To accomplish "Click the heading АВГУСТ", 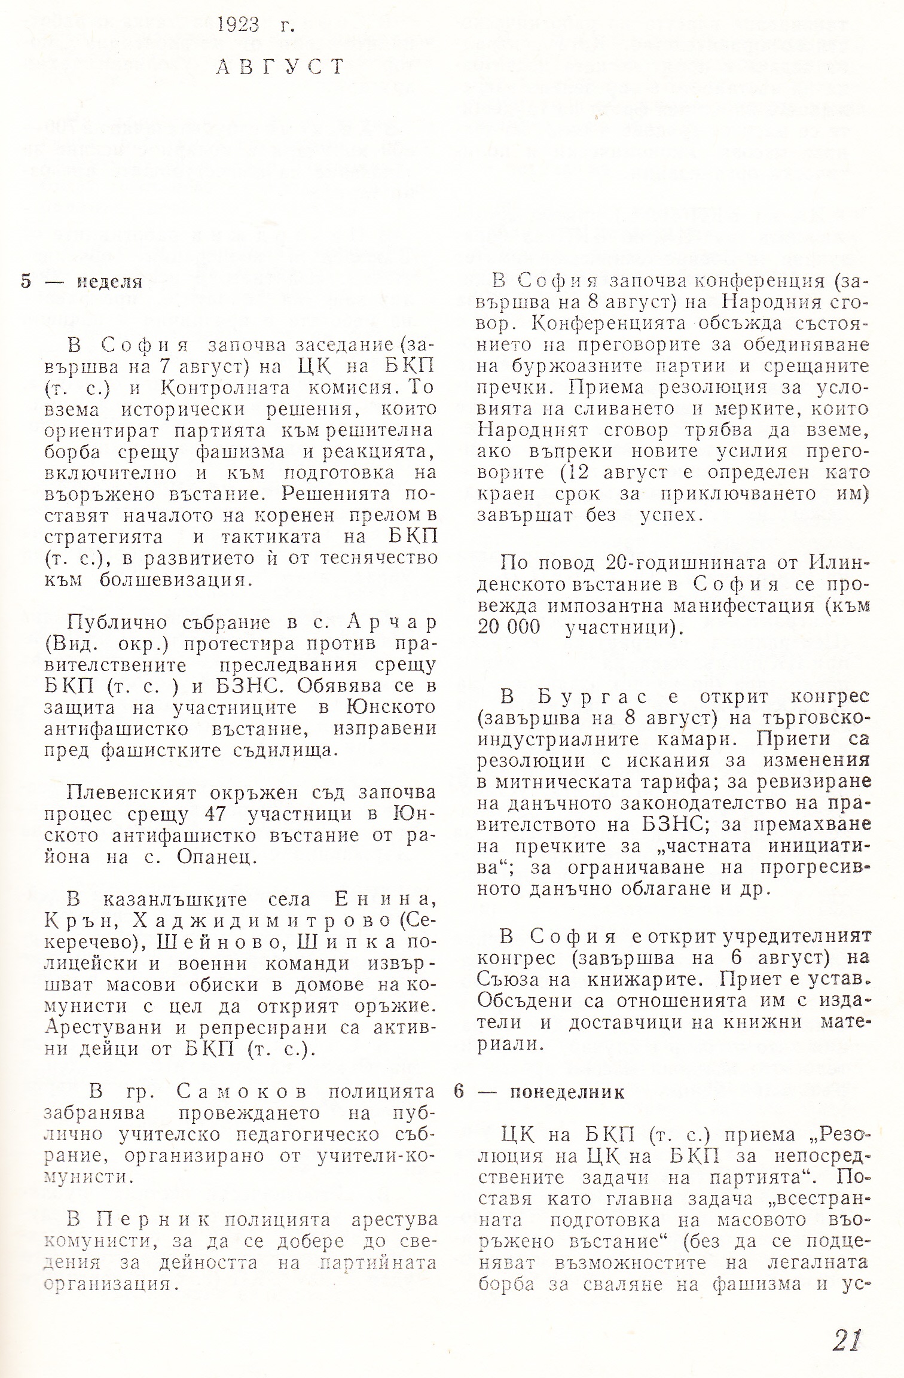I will point(280,66).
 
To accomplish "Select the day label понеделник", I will point(567,1092).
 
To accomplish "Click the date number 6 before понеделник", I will point(459,1092).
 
